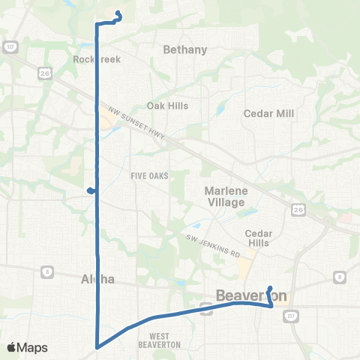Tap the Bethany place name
pos(185,49)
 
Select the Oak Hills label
pos(167,106)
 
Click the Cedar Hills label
pos(260,238)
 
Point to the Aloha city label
pos(97,279)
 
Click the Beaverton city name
pos(252,295)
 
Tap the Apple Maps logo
pos(28,347)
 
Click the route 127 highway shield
pos(10,46)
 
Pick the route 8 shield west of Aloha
pos(47,271)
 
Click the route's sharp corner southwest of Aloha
pos(97,346)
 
